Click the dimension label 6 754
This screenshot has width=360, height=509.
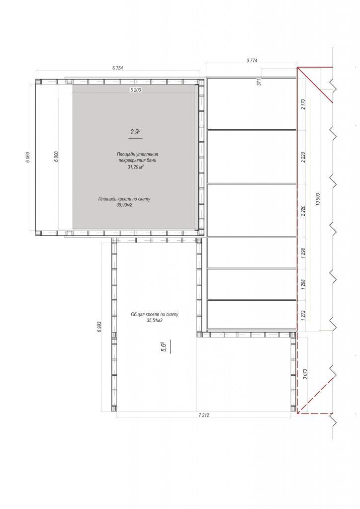(118, 68)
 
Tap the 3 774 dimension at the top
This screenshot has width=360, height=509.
(252, 60)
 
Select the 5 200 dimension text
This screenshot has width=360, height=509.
(135, 90)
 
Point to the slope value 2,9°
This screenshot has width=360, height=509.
(135, 131)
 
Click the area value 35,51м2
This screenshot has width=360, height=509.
(155, 321)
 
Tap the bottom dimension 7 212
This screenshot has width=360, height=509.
(203, 415)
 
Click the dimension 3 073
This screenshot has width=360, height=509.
(304, 375)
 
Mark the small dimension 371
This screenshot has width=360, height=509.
(259, 83)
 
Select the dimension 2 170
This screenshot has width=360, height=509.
(303, 104)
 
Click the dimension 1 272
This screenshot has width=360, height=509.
(303, 315)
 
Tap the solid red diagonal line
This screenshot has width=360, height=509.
(315, 85)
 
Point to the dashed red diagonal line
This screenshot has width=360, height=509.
(315, 396)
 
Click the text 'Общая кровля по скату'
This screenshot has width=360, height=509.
(155, 315)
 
